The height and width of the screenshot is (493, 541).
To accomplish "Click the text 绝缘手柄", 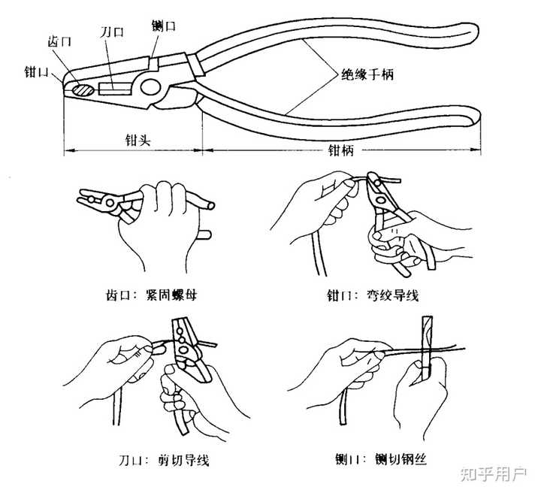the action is (x=367, y=75).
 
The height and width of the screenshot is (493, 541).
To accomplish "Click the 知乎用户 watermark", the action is (x=491, y=474).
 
